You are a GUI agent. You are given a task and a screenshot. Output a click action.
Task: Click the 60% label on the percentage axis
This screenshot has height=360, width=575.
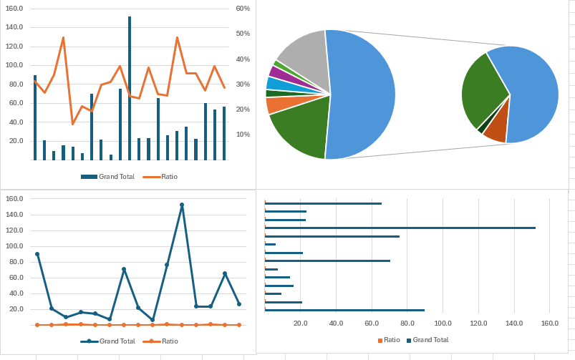(x=242, y=9)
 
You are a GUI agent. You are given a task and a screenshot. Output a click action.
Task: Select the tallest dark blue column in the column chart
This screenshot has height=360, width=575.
(x=130, y=86)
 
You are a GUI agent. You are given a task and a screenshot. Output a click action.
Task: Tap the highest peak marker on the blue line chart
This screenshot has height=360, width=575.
(x=182, y=205)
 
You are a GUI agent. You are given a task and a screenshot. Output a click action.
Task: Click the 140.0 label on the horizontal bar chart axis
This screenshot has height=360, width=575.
(x=513, y=323)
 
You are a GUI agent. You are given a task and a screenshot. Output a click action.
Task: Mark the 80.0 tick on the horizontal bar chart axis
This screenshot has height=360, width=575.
(x=407, y=323)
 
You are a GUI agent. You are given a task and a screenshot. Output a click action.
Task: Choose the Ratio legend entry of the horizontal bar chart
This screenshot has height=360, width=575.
(x=388, y=340)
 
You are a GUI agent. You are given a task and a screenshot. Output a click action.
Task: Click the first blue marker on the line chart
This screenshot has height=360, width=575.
(x=37, y=254)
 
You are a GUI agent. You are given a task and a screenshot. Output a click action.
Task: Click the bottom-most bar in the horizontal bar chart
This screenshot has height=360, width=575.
(x=344, y=310)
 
